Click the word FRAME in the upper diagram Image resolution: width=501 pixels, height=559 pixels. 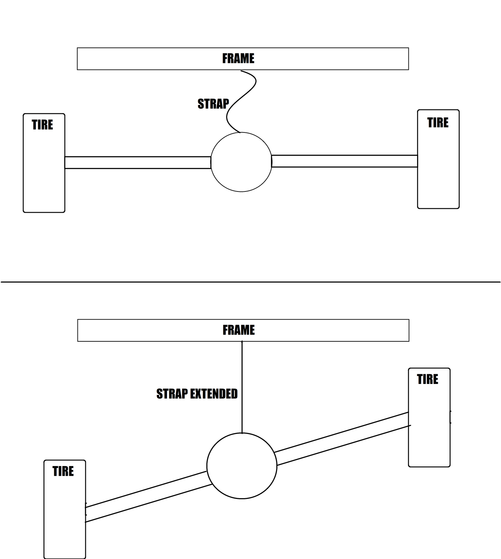click(238, 58)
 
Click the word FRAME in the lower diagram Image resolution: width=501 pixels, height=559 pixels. click(239, 330)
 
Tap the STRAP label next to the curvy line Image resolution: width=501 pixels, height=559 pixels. click(213, 104)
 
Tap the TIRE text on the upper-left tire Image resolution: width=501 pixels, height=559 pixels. click(42, 125)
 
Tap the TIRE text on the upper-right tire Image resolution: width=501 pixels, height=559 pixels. click(438, 123)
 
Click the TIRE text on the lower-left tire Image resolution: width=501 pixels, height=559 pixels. click(63, 471)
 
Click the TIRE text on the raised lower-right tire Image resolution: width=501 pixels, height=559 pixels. click(428, 379)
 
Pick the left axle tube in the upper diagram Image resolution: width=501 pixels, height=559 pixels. click(138, 162)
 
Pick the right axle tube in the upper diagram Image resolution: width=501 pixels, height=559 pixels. click(344, 161)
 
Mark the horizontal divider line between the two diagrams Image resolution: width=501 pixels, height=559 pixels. click(250, 282)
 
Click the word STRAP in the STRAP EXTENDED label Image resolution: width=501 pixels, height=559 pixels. click(172, 394)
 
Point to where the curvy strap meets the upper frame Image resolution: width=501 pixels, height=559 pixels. click(241, 71)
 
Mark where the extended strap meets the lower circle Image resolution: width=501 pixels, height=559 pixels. click(242, 433)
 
